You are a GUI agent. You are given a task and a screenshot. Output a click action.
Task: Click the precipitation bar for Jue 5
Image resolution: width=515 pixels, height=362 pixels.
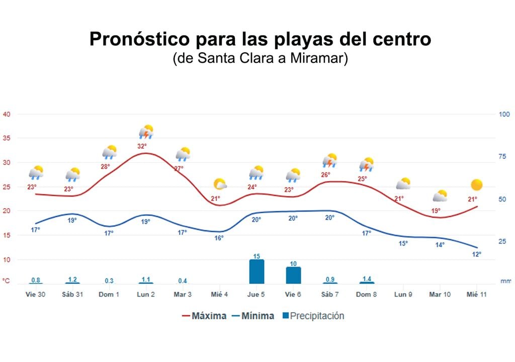pos(256,272)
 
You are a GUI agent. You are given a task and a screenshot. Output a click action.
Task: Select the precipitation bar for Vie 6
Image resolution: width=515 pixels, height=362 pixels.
pos(293,275)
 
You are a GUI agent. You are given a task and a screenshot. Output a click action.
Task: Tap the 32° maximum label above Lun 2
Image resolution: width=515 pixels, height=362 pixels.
pos(142,146)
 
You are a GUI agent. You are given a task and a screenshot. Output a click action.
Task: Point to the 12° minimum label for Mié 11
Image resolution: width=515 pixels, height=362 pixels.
pos(476,254)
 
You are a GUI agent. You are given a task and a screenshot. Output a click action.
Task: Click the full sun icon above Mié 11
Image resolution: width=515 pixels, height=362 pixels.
pos(476,185)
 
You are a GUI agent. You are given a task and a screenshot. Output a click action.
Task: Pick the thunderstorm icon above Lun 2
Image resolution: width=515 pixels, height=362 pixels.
pos(146,132)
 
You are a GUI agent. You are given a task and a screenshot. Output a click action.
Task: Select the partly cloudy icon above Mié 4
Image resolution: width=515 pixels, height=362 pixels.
pos(220,184)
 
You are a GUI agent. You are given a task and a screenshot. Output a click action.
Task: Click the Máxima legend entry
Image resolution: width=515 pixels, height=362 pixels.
pos(204,316)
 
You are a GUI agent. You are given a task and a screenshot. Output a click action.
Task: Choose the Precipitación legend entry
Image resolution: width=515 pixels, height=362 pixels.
pos(313,316)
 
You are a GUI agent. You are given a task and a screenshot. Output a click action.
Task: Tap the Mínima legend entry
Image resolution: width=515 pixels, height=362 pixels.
pos(253,316)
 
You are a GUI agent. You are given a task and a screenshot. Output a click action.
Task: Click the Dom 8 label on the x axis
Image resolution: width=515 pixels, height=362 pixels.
pos(367,294)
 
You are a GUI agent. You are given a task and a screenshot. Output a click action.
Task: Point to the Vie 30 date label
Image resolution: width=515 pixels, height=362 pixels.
pos(35,294)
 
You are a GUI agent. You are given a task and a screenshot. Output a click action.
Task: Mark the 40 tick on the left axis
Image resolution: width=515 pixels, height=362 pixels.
pos(7,114)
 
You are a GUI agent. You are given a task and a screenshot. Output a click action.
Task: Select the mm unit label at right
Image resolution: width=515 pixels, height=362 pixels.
pos(505,282)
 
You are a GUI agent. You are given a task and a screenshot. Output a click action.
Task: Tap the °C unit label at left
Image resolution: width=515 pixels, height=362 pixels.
pos(6,281)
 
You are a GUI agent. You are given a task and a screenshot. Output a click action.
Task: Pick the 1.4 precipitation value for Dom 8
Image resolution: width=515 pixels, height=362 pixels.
pos(367,279)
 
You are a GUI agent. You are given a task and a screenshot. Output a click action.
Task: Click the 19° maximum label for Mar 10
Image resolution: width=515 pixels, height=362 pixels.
pos(436,211)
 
